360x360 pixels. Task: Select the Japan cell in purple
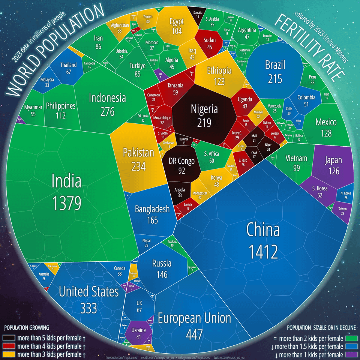(333, 165)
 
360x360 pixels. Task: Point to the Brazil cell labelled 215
(275, 71)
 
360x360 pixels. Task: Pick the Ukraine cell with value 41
(138, 333)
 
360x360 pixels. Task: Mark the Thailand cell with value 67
(69, 68)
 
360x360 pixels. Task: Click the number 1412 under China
(263, 252)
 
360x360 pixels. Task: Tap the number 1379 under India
(67, 203)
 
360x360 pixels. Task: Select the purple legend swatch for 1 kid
(351, 355)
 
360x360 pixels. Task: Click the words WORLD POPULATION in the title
(56, 52)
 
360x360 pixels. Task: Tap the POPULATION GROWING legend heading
(27, 327)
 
